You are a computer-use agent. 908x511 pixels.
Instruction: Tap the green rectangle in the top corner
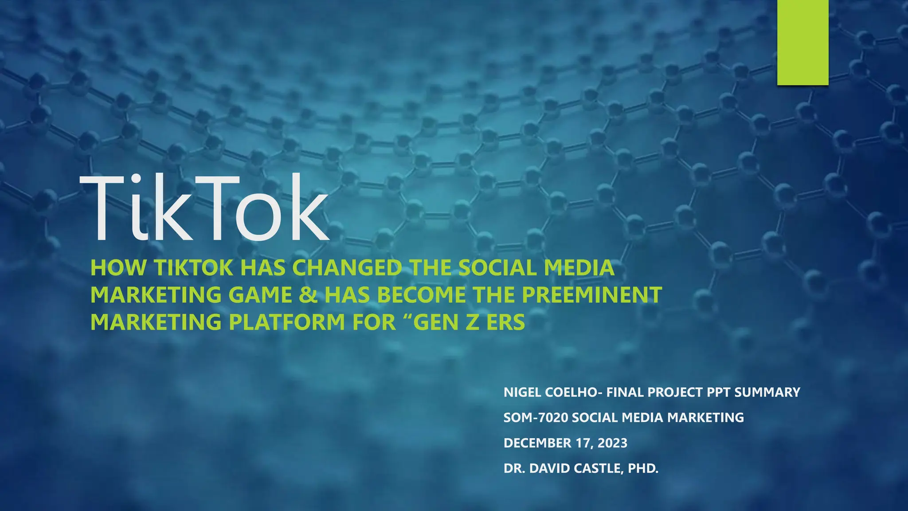click(802, 42)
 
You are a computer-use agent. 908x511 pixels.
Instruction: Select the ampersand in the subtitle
click(308, 295)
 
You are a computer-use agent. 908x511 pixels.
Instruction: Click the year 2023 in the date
click(612, 443)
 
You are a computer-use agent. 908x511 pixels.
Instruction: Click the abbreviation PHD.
click(643, 468)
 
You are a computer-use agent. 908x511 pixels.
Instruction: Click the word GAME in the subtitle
click(260, 295)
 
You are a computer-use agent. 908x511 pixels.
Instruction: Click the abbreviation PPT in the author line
click(719, 393)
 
